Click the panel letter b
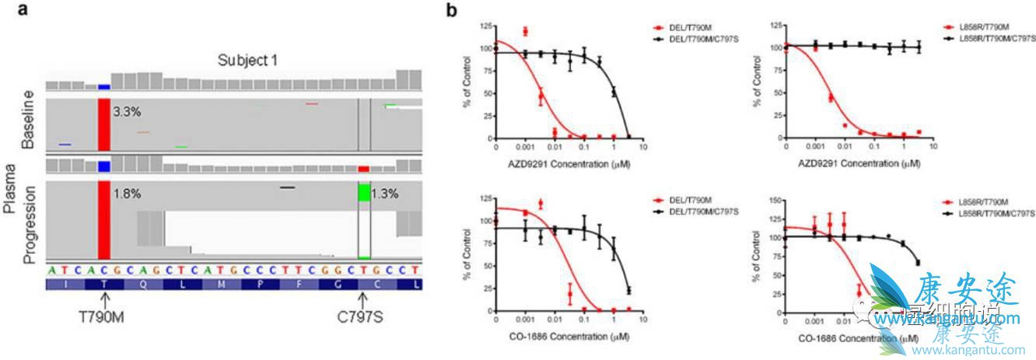(451, 12)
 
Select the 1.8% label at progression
(127, 194)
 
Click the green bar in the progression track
(364, 192)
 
